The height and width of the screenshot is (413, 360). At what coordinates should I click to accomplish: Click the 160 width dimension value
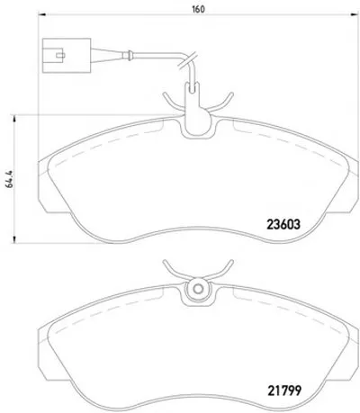coord(198,9)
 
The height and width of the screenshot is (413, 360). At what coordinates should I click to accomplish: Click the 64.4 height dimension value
coord(9,179)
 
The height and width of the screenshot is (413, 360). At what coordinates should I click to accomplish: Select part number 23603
coord(283,224)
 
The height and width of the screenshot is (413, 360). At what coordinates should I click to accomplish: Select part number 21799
coord(283,391)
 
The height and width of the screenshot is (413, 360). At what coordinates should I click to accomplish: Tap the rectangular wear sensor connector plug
coord(67,56)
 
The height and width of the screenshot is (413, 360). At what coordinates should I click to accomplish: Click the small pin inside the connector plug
coord(60,55)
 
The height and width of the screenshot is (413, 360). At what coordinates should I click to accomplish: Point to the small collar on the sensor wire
coord(129,56)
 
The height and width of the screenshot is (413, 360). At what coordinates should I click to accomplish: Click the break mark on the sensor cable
coord(187,61)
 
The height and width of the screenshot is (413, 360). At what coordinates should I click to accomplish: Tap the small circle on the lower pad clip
coord(198,289)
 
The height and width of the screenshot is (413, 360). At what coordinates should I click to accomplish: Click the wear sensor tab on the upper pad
coord(196,111)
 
